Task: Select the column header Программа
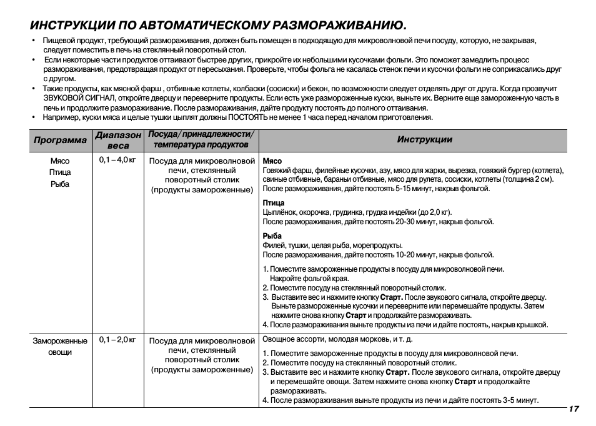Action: pos(60,140)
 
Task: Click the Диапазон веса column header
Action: pos(118,140)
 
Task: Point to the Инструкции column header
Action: pos(424,139)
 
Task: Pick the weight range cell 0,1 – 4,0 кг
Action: pos(117,160)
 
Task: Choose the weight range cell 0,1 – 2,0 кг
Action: pos(117,340)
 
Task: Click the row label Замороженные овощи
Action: pos(60,346)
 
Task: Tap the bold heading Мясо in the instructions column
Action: pos(272,161)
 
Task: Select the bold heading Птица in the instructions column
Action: pos(274,203)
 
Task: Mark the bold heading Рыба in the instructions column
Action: pos(272,236)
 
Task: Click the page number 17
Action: pos(574,409)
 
